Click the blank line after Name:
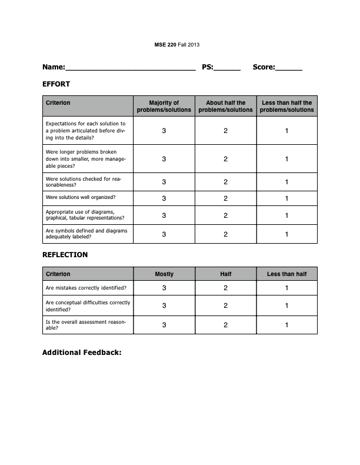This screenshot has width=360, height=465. tap(130, 68)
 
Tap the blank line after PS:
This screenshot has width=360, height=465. tap(227, 68)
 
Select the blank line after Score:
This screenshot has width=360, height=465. tap(289, 68)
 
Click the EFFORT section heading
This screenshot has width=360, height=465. tap(56, 84)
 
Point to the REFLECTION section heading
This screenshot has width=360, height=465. tap(65, 255)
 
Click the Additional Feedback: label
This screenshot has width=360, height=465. tap(82, 353)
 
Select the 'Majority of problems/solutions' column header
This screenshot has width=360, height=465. tap(164, 107)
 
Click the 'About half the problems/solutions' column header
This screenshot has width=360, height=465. tap(226, 107)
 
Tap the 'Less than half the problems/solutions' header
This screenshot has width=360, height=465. tap(287, 107)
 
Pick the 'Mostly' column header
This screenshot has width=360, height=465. tap(164, 274)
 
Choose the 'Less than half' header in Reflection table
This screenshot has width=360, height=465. tap(287, 274)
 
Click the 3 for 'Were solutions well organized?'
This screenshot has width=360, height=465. tap(164, 198)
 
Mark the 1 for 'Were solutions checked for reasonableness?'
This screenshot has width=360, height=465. tap(287, 182)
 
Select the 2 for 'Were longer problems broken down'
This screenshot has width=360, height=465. tap(226, 159)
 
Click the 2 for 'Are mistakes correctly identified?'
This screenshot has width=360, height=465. tap(226, 288)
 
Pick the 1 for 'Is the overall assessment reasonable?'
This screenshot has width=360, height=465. tap(287, 325)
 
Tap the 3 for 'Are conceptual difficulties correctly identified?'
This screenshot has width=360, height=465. tap(164, 305)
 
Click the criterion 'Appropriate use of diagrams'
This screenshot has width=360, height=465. tap(80, 215)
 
